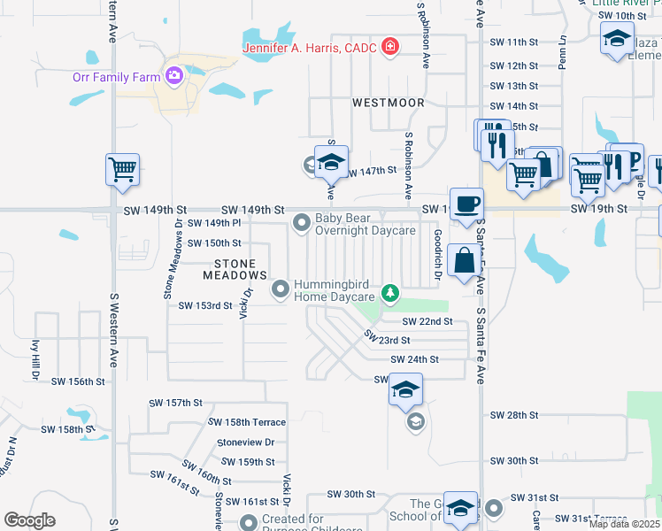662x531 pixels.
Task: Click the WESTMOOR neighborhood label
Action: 388,103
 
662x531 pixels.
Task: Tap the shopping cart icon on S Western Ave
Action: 121,169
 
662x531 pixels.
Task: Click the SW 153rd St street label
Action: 204,306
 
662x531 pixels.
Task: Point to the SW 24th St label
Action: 414,359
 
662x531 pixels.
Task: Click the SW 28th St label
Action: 514,415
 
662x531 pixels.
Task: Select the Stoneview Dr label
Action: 245,442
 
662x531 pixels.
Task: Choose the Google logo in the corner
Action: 30,520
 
